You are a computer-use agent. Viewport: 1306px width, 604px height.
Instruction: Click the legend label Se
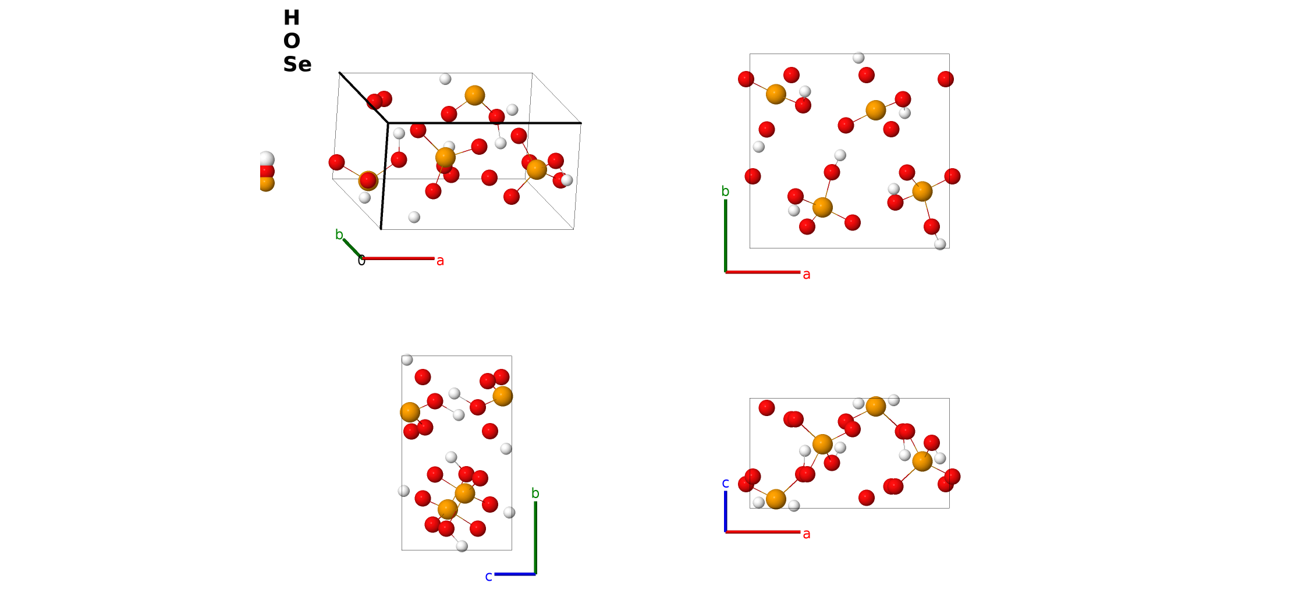pyautogui.click(x=297, y=64)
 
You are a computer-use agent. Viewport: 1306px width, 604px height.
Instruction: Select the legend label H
pyautogui.click(x=292, y=18)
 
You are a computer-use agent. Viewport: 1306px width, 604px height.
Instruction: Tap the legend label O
pyautogui.click(x=292, y=41)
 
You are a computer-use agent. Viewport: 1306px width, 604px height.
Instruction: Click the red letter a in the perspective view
pyautogui.click(x=440, y=261)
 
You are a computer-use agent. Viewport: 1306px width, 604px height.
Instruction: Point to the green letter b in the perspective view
pyautogui.click(x=339, y=235)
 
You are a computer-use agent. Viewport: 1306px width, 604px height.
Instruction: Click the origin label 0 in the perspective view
pyautogui.click(x=361, y=261)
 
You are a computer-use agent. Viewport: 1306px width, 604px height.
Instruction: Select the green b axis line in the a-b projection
pyautogui.click(x=725, y=236)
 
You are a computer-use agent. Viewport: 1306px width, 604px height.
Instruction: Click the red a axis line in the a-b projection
pyautogui.click(x=762, y=272)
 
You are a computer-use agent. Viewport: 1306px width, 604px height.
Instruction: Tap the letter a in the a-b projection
pyautogui.click(x=807, y=275)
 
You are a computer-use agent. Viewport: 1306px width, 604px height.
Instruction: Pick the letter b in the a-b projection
pyautogui.click(x=725, y=191)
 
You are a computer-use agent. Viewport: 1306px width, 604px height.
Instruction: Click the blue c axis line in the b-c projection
pyautogui.click(x=515, y=574)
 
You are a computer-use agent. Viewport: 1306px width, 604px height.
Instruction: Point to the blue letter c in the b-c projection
pyautogui.click(x=489, y=577)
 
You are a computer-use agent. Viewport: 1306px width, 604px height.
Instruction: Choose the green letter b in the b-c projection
pyautogui.click(x=535, y=493)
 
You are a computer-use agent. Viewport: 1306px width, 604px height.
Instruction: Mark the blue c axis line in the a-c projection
pyautogui.click(x=725, y=511)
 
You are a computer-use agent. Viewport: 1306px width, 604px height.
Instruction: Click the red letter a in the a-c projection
pyautogui.click(x=807, y=534)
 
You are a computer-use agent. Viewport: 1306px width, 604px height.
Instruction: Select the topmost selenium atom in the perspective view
pyautogui.click(x=475, y=95)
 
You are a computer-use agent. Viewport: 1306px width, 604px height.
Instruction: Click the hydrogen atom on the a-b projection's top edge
pyautogui.click(x=858, y=58)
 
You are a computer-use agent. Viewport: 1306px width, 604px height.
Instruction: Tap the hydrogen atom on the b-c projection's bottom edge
pyautogui.click(x=462, y=546)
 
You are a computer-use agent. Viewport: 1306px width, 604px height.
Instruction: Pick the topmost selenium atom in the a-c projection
pyautogui.click(x=876, y=406)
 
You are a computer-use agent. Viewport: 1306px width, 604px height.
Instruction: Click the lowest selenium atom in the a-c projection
pyautogui.click(x=776, y=499)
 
